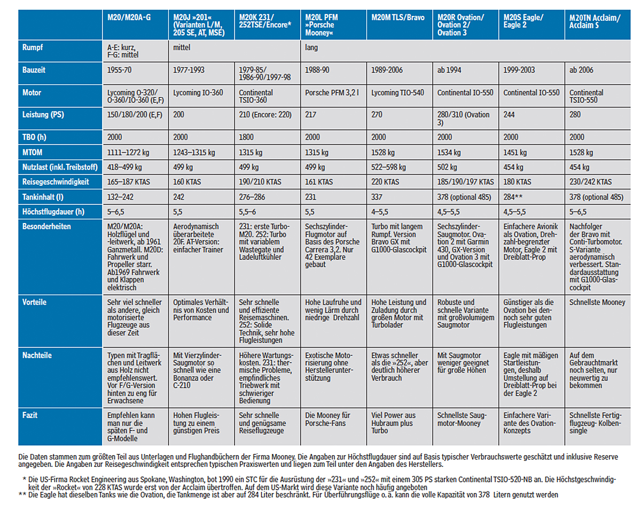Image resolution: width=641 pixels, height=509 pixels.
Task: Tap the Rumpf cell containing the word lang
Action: click(311, 47)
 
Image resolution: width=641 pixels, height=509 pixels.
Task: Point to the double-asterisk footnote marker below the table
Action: click(22, 495)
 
